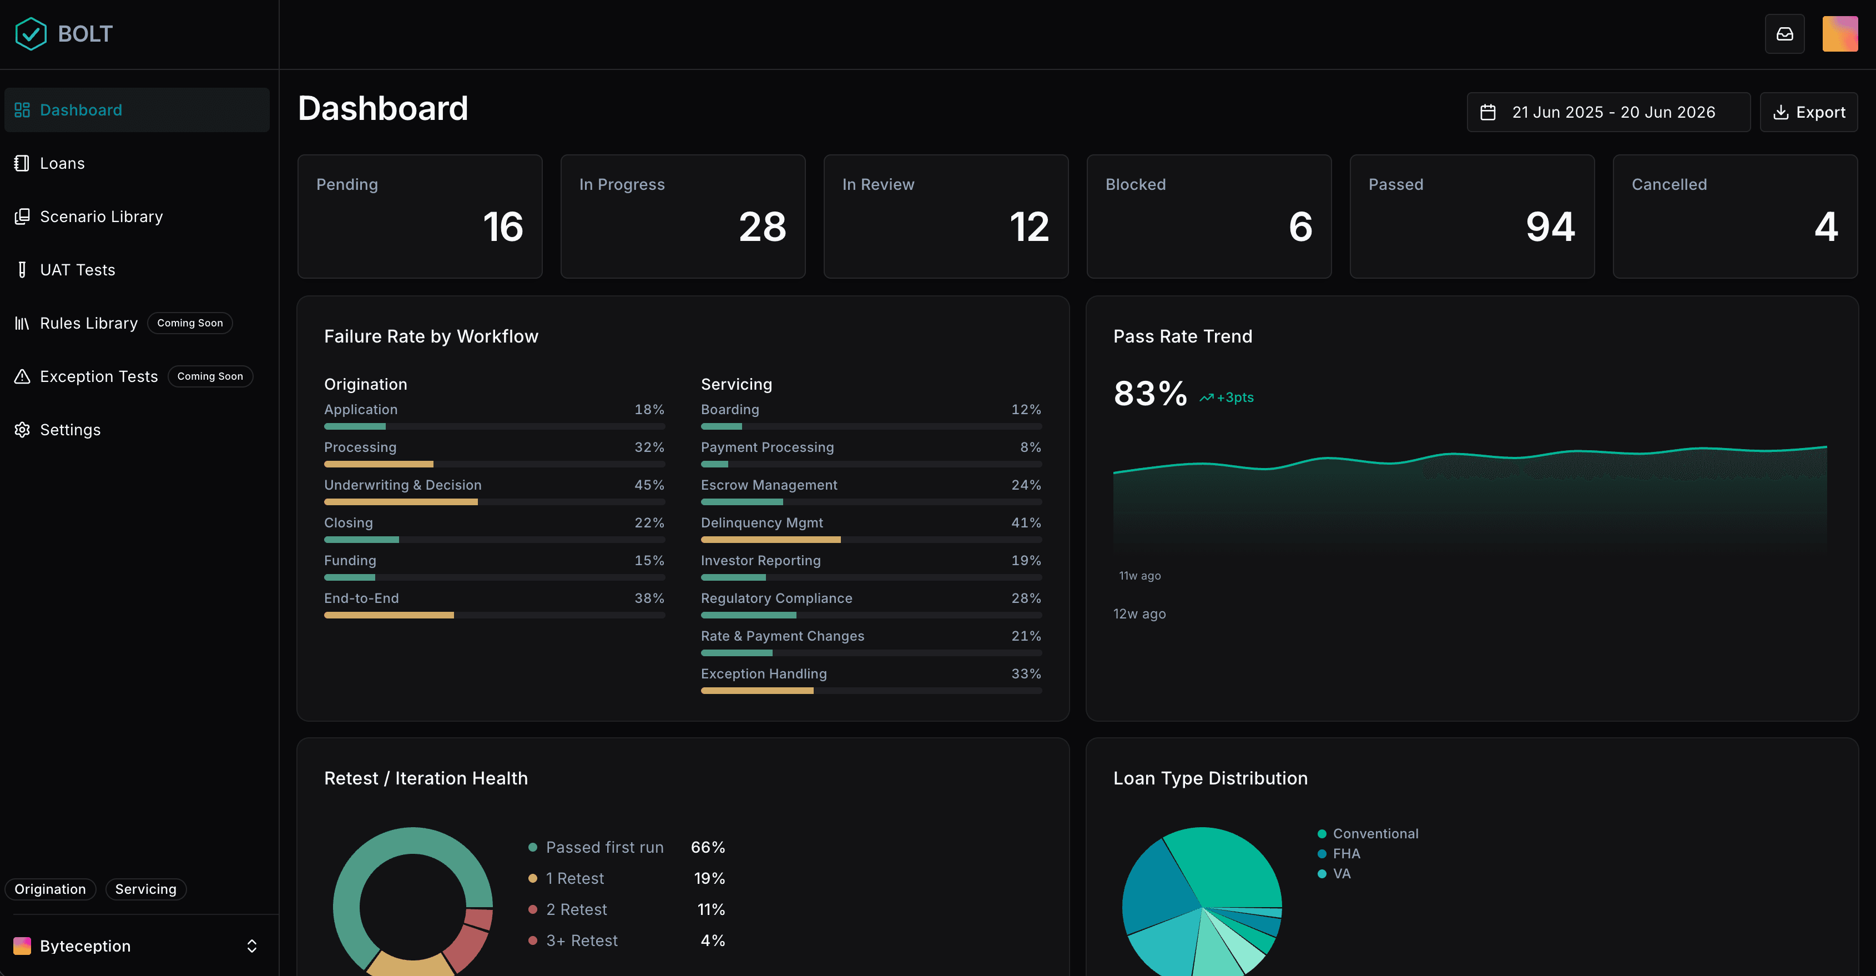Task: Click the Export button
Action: pyautogui.click(x=1808, y=112)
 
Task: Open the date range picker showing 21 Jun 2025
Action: pyautogui.click(x=1608, y=112)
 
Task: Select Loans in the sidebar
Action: pyautogui.click(x=62, y=163)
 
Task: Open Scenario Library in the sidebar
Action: pyautogui.click(x=101, y=217)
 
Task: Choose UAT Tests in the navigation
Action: pyautogui.click(x=77, y=269)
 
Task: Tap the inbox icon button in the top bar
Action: pyautogui.click(x=1784, y=33)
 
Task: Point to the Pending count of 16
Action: pyautogui.click(x=502, y=227)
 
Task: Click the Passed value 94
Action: pyautogui.click(x=1550, y=227)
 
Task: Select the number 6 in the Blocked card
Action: pyautogui.click(x=1300, y=227)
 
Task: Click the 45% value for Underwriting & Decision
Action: pyautogui.click(x=649, y=485)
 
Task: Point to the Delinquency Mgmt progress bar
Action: pyautogui.click(x=871, y=540)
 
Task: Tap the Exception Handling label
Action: pyautogui.click(x=763, y=674)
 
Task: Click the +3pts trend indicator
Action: pyautogui.click(x=1227, y=398)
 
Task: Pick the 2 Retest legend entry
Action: pyautogui.click(x=568, y=910)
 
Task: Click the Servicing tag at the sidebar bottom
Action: pyautogui.click(x=145, y=889)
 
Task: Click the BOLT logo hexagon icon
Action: pyautogui.click(x=31, y=33)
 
